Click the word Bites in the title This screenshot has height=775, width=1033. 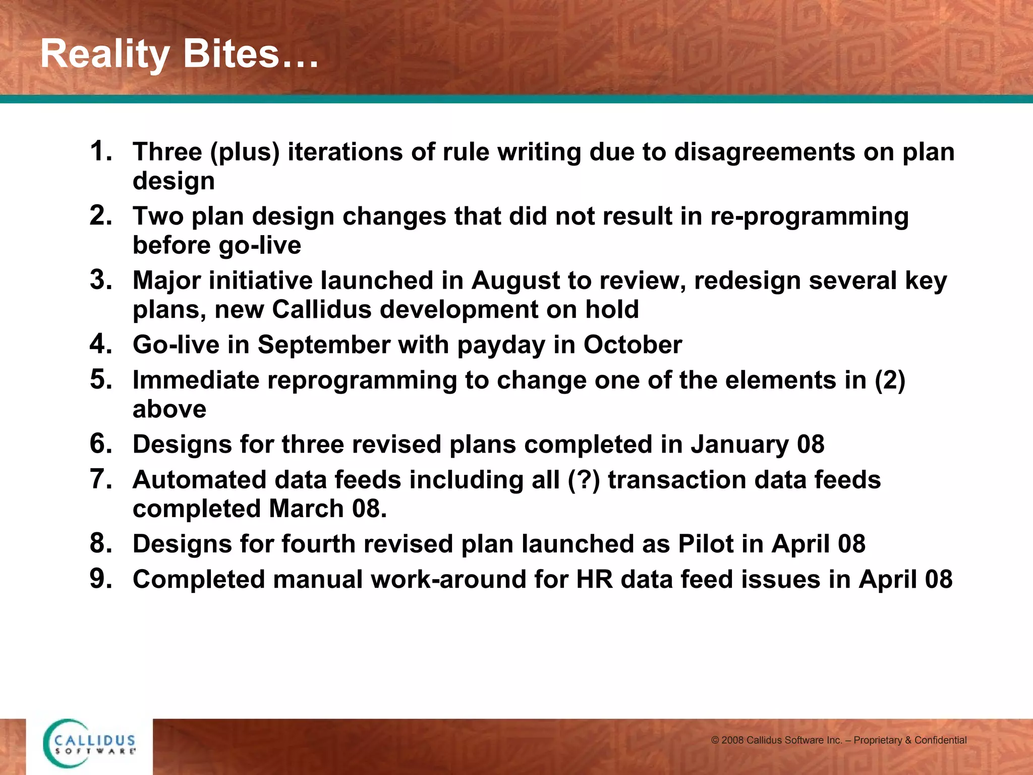pos(231,54)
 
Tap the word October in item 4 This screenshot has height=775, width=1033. pos(633,345)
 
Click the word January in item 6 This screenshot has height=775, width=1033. pos(739,445)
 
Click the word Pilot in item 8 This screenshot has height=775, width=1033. pos(706,544)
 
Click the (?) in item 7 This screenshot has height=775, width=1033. pos(584,480)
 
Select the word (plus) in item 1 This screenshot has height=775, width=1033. pos(245,152)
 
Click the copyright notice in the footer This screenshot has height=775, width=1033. pos(838,740)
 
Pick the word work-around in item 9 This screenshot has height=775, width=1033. pos(449,579)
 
